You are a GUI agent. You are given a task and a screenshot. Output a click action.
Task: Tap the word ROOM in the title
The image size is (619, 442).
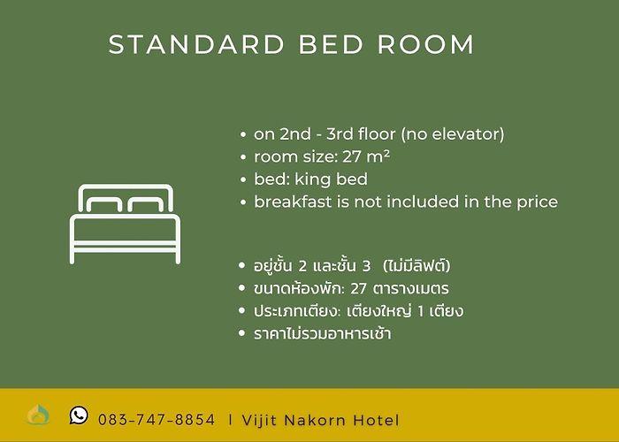[425, 44]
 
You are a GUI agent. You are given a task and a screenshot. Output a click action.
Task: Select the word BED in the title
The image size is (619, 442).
[331, 44]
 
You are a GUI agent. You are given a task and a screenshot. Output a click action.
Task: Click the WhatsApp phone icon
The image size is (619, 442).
[79, 415]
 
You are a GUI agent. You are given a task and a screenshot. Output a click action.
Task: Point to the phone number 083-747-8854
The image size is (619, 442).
[157, 420]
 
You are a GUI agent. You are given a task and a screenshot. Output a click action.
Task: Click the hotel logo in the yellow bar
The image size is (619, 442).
[38, 415]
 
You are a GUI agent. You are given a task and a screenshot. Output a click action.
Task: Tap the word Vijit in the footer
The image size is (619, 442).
[259, 420]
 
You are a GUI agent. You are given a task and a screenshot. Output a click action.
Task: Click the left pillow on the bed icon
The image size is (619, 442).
[104, 205]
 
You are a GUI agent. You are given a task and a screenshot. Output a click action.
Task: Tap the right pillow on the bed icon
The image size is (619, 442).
[146, 205]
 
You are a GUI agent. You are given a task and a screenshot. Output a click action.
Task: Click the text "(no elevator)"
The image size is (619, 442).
[453, 134]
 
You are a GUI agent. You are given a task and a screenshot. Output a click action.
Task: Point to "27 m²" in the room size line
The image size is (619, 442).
[366, 156]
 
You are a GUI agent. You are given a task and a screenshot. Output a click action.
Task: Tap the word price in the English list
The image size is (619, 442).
[538, 202]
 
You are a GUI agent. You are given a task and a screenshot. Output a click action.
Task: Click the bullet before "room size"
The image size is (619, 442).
[243, 157]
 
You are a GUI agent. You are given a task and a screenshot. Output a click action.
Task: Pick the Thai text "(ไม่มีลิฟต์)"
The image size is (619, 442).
[416, 265]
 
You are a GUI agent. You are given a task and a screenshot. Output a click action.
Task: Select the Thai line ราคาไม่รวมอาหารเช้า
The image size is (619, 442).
[323, 334]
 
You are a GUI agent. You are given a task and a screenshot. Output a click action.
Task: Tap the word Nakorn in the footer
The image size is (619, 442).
[315, 420]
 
